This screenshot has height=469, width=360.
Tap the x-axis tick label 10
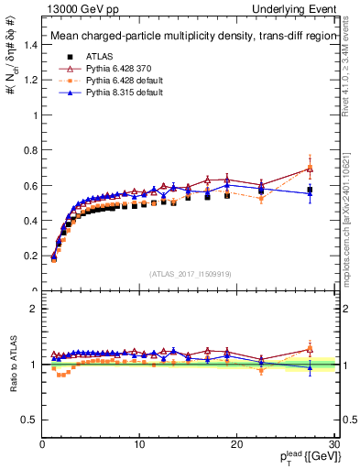[x=138, y=443]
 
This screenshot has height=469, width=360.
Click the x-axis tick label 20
[x=236, y=443]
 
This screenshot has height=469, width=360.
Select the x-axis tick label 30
[x=333, y=443]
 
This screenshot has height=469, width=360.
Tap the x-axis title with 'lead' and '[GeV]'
[x=308, y=457]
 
